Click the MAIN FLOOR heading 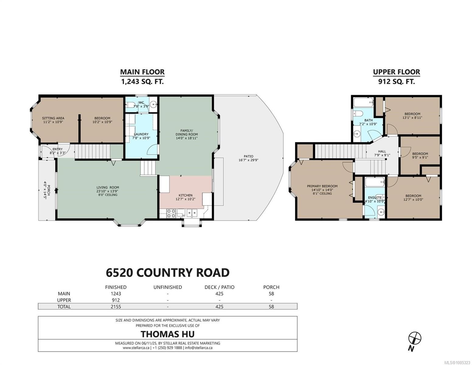click(x=142, y=72)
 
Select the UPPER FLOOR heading click(x=396, y=72)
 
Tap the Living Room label click(x=108, y=187)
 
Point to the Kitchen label click(x=185, y=195)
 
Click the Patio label click(x=248, y=156)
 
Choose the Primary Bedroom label click(x=322, y=186)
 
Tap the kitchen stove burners click(x=172, y=213)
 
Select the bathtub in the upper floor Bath click(x=363, y=102)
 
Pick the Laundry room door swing click(x=153, y=149)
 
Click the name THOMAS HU click(x=167, y=334)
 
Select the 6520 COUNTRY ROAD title click(x=168, y=273)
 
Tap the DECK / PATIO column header click(x=219, y=287)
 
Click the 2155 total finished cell click(x=116, y=307)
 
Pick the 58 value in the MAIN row click(x=271, y=294)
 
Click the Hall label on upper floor click(x=382, y=151)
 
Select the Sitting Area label click(x=53, y=118)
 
